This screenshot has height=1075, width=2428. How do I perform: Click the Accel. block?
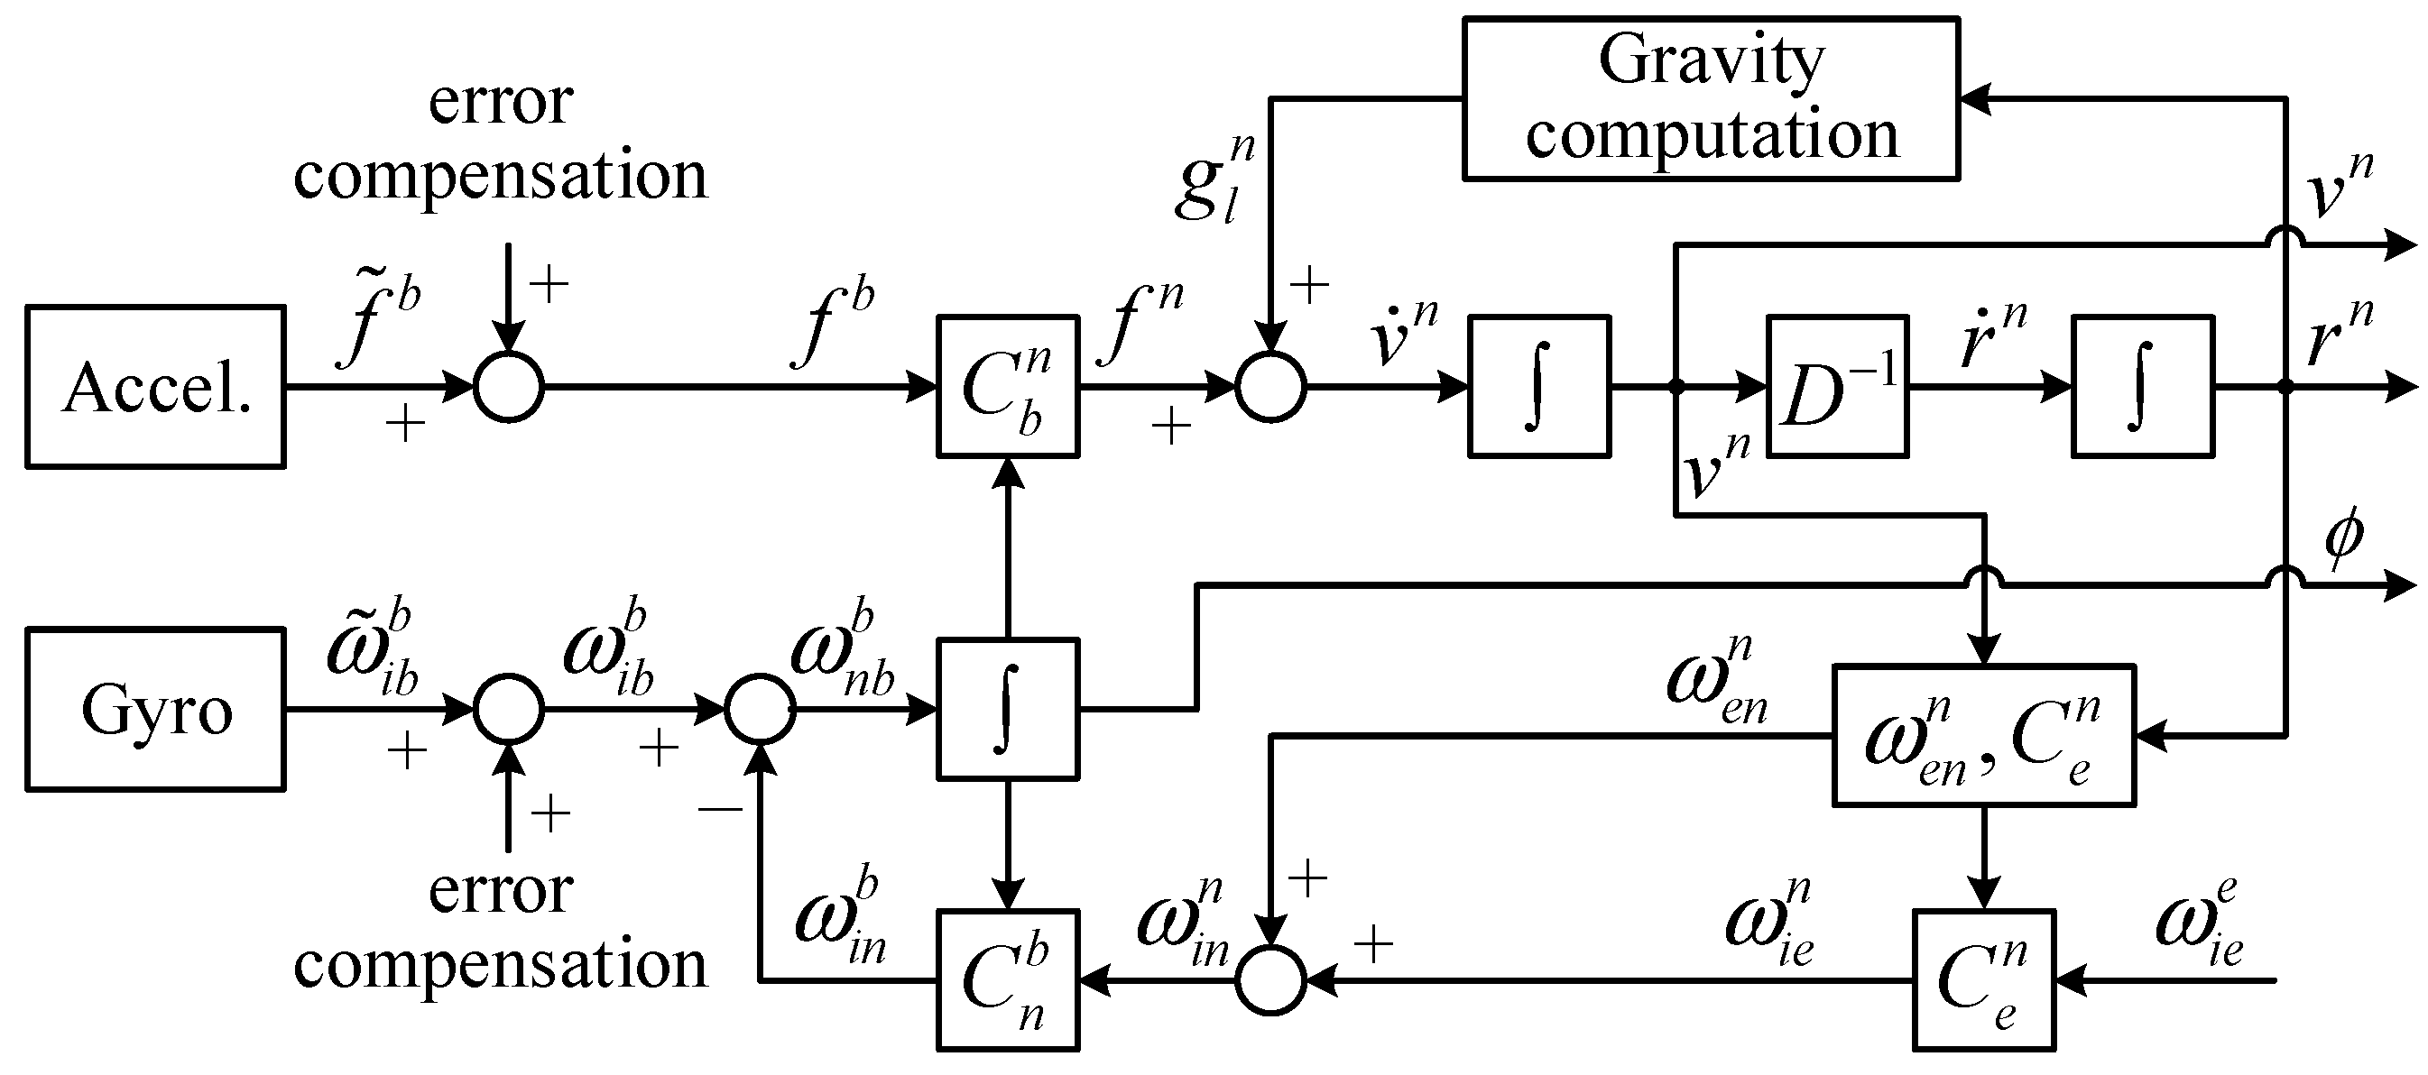click(155, 386)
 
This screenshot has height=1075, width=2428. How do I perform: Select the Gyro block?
click(155, 709)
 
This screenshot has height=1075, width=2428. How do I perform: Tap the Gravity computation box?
click(1711, 98)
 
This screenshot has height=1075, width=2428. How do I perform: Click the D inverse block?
click(1837, 386)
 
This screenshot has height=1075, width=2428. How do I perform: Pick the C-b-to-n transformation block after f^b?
click(1008, 386)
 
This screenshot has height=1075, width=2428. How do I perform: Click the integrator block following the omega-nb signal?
click(1008, 709)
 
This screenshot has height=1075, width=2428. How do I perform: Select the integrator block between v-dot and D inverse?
click(1538, 386)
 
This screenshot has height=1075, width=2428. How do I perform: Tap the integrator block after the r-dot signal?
click(2141, 386)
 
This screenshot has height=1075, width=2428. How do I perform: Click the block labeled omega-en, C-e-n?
click(1983, 736)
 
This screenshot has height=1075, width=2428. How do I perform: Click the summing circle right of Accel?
click(508, 386)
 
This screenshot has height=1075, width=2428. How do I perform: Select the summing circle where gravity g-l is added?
click(1270, 386)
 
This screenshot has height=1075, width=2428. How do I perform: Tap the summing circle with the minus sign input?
click(761, 709)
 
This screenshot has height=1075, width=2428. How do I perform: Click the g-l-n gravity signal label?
click(1216, 179)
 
